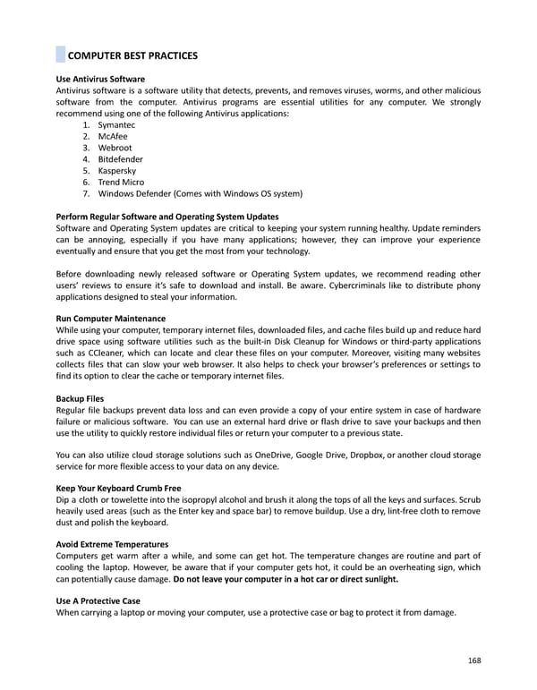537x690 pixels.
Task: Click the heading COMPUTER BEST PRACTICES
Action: (132, 55)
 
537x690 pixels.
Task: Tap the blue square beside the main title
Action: (61, 55)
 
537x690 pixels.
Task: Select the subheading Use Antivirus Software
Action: (100, 80)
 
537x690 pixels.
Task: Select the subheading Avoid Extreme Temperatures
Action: (112, 545)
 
